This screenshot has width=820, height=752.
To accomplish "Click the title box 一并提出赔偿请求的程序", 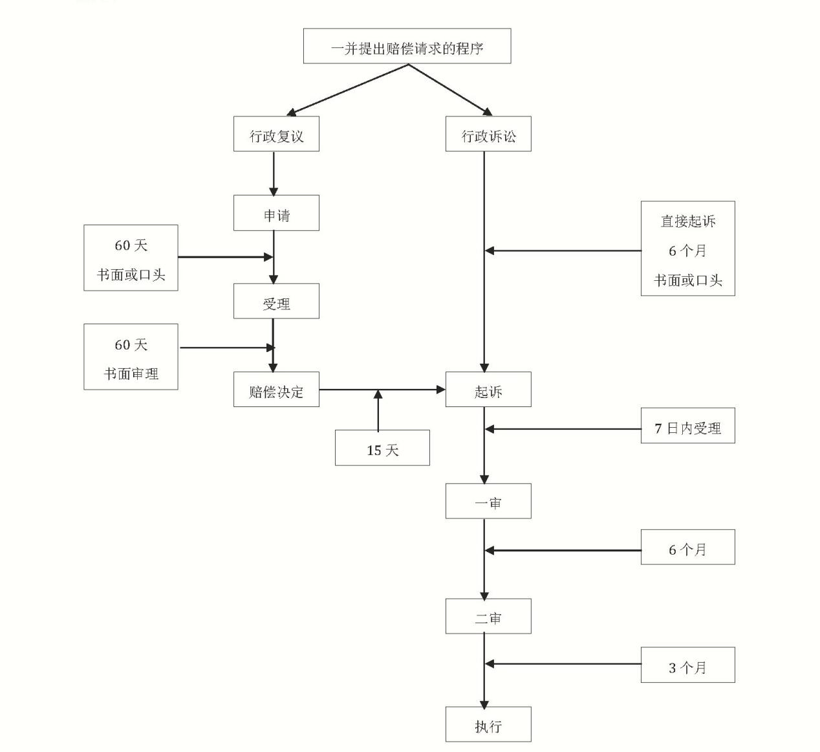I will point(407,46).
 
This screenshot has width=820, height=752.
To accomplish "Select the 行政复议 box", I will point(276,135).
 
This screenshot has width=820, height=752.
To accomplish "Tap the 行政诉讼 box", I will point(488,135).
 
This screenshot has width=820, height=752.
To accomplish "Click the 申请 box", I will point(276,213).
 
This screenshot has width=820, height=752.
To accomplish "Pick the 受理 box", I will point(276,302).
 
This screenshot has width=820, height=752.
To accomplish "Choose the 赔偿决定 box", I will point(276,390).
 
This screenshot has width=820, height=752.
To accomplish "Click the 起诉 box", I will point(488,390).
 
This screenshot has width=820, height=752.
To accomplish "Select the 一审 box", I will point(488,502).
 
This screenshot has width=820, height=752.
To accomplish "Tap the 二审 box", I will point(488,616).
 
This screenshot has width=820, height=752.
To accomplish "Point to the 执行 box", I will point(488,724).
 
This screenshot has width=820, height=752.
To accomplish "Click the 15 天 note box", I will point(382,448).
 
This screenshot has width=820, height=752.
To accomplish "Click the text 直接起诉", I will point(687,221).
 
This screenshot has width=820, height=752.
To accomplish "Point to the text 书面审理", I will point(131,373).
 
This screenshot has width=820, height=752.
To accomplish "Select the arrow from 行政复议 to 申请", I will point(274,173).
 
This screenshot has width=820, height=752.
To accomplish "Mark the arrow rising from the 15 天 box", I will point(378,410).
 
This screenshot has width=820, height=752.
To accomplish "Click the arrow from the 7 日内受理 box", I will point(563,428).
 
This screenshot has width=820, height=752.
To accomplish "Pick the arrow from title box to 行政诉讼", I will point(449,90).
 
